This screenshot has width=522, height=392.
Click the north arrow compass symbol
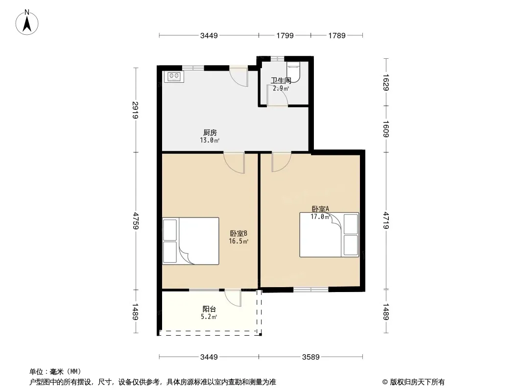[27, 23]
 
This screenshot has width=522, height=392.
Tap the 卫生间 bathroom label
[281, 80]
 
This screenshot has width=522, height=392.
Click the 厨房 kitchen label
[210, 133]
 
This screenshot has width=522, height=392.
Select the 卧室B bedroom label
[238, 233]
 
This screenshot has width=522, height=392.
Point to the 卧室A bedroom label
[320, 209]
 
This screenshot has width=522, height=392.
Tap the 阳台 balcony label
[209, 309]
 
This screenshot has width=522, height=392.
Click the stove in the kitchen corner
[174, 76]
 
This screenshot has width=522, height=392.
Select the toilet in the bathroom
[294, 72]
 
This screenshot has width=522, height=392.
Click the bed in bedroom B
[191, 241]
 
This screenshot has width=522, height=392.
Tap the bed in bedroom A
[329, 235]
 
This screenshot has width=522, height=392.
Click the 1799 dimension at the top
[285, 36]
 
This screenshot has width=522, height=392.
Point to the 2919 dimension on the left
[136, 110]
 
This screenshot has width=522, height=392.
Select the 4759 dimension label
[136, 220]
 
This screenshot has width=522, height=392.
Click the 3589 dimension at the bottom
[310, 357]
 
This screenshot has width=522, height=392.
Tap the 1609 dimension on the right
[386, 129]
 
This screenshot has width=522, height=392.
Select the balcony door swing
[233, 298]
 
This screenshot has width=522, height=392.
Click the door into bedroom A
[282, 162]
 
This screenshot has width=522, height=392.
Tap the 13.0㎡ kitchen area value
[210, 140]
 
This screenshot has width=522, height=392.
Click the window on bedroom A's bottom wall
[311, 290]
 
